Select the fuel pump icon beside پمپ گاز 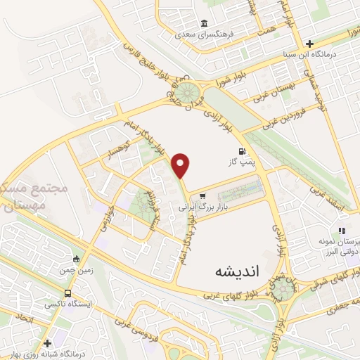(243, 150)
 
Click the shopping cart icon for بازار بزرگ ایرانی (202, 196)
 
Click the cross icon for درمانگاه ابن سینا (309, 43)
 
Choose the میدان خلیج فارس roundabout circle (188, 92)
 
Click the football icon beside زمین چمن (76, 259)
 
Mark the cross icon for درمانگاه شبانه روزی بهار (47, 344)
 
